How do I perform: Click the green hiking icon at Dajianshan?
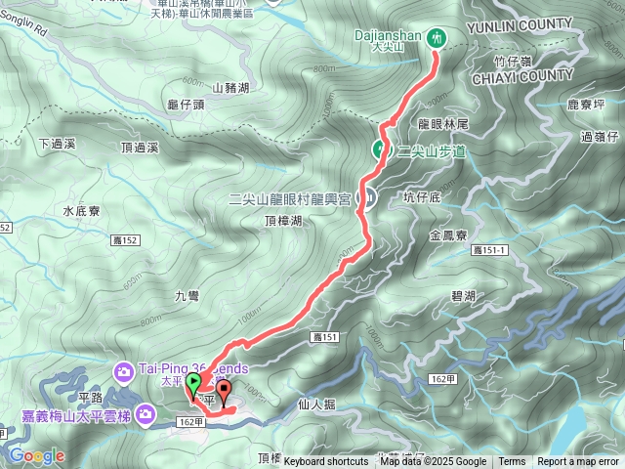437,39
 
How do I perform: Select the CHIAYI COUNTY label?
521,74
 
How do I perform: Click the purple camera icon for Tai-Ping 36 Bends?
125,370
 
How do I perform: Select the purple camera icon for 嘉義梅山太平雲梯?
146,417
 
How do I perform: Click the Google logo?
36,456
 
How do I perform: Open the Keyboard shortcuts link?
326,462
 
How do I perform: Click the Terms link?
512,462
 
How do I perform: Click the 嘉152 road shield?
133,239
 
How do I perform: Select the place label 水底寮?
82,209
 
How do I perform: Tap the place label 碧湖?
463,295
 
